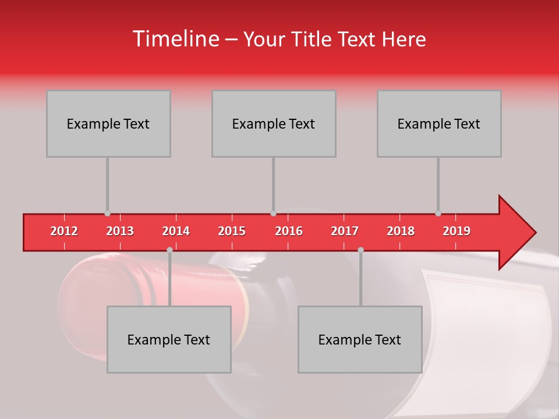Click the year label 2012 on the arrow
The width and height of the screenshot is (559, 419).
[x=64, y=231]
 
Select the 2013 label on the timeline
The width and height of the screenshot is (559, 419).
[x=120, y=231]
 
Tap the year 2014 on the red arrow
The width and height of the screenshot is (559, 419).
[x=176, y=231]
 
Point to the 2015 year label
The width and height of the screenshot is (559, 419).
[x=232, y=231]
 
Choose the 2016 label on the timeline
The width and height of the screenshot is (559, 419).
[x=289, y=231]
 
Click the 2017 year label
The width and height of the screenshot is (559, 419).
[x=345, y=231]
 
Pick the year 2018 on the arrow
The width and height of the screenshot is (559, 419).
[x=401, y=231]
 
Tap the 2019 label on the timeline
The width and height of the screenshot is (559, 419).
[x=457, y=231]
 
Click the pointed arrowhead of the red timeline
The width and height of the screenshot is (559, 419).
[x=518, y=232]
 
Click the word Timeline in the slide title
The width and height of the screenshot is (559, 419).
[x=175, y=39]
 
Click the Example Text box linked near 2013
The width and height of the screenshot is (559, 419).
[x=108, y=123]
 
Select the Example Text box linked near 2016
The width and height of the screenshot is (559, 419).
[x=274, y=123]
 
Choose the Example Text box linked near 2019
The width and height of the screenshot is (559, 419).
[x=439, y=123]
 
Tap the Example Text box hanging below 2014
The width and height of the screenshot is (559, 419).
[x=169, y=339]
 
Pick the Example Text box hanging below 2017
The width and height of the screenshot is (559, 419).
[x=360, y=339]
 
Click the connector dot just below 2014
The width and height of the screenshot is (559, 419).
[x=169, y=250]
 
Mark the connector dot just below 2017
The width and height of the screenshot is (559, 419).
[x=360, y=250]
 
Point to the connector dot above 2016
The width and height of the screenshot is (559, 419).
[x=273, y=214]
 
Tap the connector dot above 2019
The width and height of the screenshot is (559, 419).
[x=438, y=214]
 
